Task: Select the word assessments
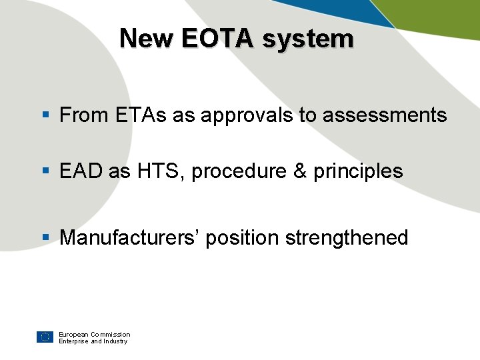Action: coord(385,115)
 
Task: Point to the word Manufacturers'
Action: coord(129,238)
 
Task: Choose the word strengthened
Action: coord(347,238)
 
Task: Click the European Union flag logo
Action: coord(45,337)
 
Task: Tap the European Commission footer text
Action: coord(94,334)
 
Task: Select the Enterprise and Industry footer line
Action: coord(92,341)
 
